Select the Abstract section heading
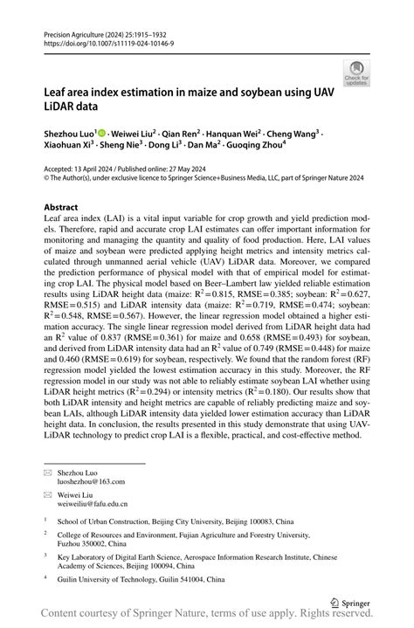pos(66,208)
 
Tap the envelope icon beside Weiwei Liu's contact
pos(49,493)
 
